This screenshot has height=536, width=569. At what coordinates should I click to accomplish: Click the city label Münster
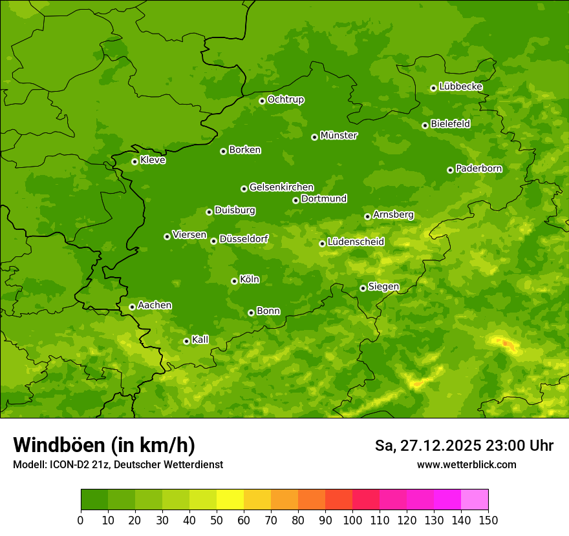tap(339, 136)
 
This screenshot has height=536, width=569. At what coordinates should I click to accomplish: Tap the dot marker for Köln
tap(234, 281)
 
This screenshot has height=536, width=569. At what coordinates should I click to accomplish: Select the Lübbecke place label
tap(460, 87)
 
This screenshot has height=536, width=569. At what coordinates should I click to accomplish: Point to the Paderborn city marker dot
tap(450, 170)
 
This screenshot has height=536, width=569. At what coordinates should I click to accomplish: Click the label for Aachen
tap(155, 305)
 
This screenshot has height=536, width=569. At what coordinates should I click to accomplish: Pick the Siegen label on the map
tap(383, 287)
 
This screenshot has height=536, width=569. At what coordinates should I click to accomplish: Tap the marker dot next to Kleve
tap(134, 161)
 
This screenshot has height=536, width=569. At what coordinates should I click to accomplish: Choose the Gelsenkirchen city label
tap(281, 187)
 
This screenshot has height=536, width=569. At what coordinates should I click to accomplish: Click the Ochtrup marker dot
tap(262, 101)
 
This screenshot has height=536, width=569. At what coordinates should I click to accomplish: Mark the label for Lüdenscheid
tap(356, 242)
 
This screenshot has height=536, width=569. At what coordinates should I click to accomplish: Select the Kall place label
tap(200, 340)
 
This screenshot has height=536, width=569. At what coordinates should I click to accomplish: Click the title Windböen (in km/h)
tap(104, 445)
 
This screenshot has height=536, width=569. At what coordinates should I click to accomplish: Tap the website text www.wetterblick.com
tap(466, 464)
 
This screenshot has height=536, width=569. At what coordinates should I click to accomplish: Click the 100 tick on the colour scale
tap(352, 520)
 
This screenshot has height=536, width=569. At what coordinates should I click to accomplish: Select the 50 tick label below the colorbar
tap(217, 520)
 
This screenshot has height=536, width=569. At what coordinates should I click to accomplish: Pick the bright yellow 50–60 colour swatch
tap(230, 500)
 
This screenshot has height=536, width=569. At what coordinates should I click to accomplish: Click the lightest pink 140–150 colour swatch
tap(475, 500)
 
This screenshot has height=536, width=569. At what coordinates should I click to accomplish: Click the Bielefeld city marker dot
tap(425, 125)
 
